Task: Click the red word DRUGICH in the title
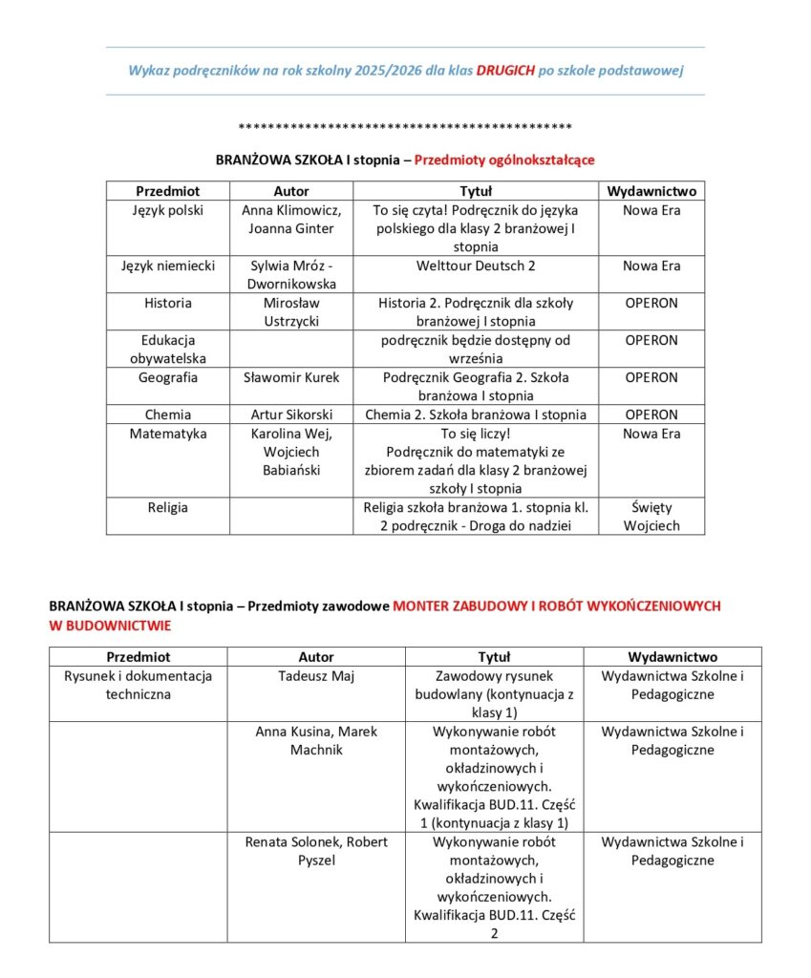[x=504, y=71]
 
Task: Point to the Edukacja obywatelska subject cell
[x=167, y=350]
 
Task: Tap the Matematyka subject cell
[x=167, y=434]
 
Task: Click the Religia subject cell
[x=167, y=508]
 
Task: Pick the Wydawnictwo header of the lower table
[x=672, y=657]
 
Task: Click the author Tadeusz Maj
[x=316, y=676]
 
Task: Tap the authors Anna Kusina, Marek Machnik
[x=316, y=741]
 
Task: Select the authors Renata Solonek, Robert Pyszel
[x=316, y=852]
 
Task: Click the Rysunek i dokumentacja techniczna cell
[x=139, y=685]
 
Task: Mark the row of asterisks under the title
[x=405, y=127]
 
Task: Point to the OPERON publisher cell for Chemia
[x=651, y=415]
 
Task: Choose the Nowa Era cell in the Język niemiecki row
[x=651, y=266]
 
